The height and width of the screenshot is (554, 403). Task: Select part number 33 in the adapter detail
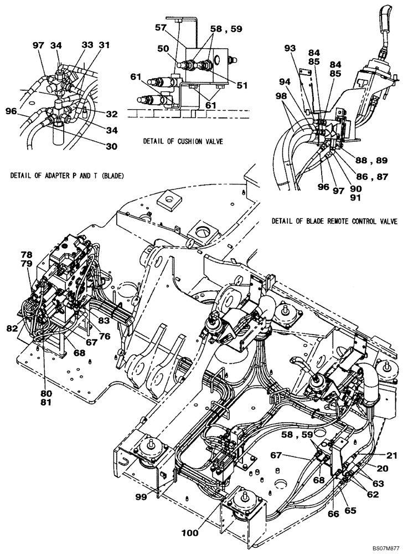pyautogui.click(x=89, y=44)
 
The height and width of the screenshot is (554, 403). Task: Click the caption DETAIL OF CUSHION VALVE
pyautogui.click(x=183, y=141)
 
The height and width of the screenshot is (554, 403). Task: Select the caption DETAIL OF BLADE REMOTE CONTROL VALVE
pyautogui.click(x=334, y=221)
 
